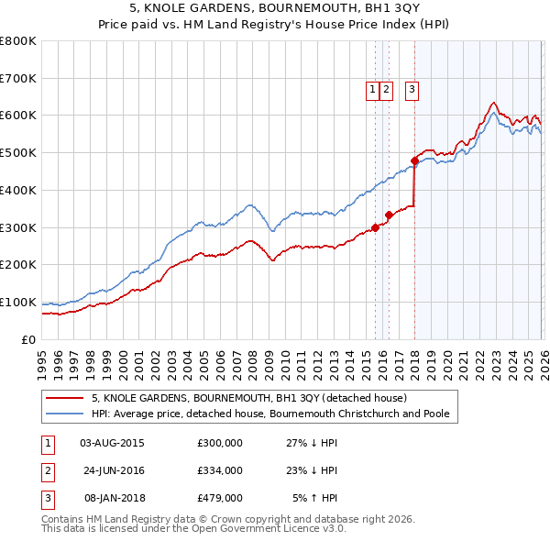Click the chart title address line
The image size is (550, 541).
275,10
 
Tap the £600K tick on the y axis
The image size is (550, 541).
18,116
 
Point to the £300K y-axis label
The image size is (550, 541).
18,227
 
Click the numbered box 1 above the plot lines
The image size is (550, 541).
373,89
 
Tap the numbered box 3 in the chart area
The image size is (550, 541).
412,89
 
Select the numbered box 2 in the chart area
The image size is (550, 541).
386,89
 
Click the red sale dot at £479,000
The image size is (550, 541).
414,160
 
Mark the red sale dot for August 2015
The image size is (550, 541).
375,227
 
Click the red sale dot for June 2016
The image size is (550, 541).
389,215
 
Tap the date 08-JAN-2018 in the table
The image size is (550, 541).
115,498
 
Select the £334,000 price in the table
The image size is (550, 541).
220,470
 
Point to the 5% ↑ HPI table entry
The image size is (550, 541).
315,498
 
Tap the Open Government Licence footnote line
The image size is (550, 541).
193,529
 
